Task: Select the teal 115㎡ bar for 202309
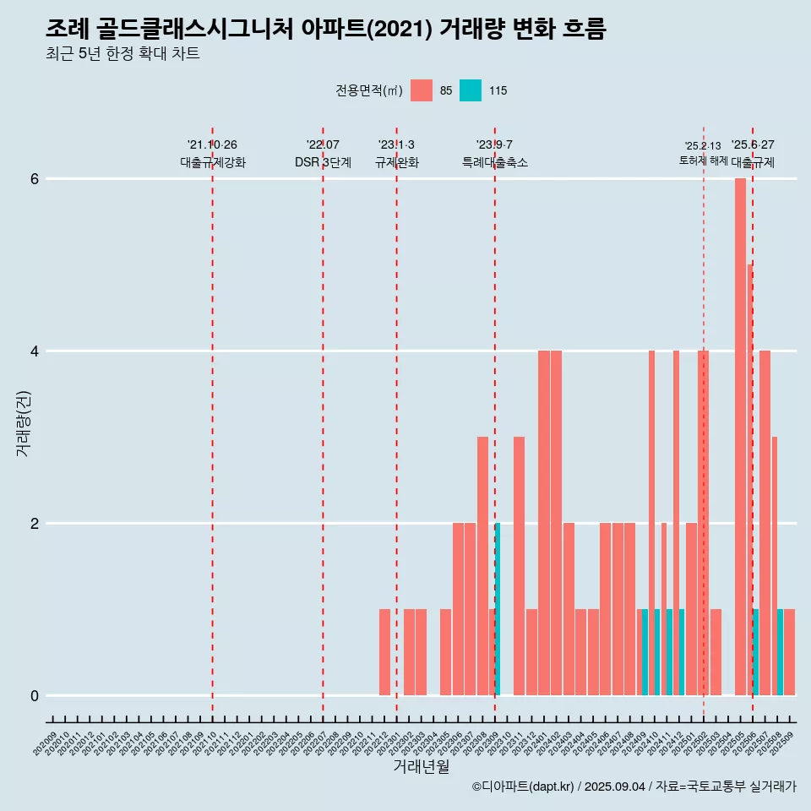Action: click(498, 608)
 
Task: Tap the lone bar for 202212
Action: click(384, 651)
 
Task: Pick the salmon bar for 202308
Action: click(482, 566)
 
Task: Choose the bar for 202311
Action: click(519, 566)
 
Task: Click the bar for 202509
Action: click(790, 651)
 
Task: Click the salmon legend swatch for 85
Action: click(421, 90)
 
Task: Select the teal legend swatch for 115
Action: click(471, 90)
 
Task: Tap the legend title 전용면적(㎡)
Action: click(369, 90)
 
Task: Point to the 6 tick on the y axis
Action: click(35, 178)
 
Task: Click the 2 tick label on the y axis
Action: click(35, 523)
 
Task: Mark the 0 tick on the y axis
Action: click(35, 695)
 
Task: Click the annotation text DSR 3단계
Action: click(323, 162)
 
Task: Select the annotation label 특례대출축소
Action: click(494, 162)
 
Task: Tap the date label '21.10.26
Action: click(212, 144)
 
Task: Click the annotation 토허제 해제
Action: click(703, 161)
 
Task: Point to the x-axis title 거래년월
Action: click(422, 766)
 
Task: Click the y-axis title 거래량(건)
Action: click(24, 422)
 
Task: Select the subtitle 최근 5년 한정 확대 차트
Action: click(122, 54)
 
